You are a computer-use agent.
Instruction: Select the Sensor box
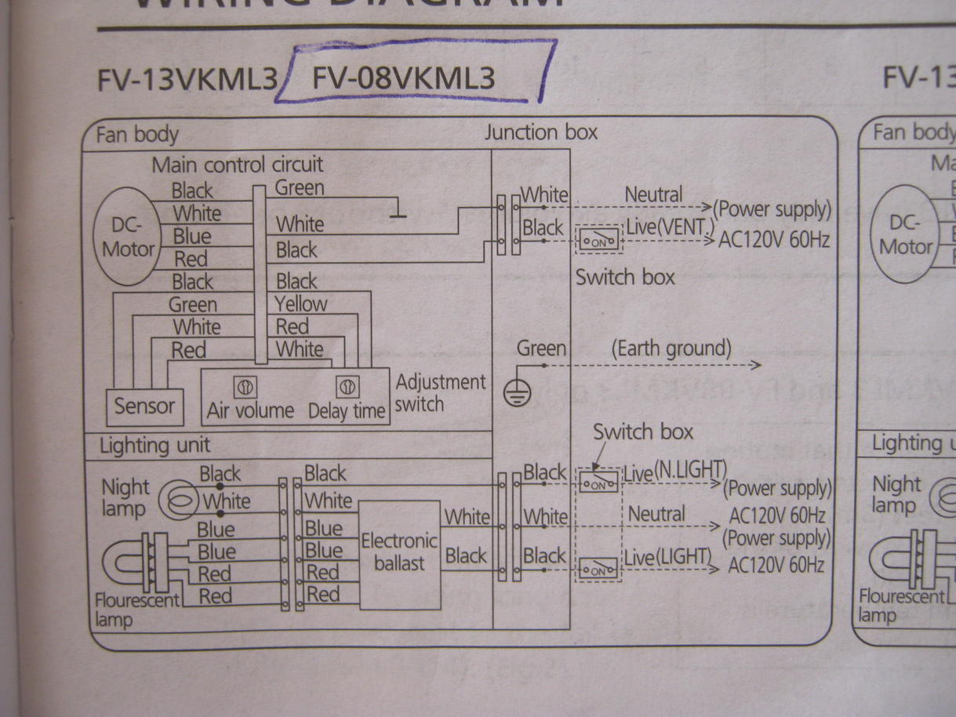click(x=145, y=406)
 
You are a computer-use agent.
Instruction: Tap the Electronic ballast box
click(x=399, y=552)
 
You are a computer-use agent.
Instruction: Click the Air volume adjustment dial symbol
click(x=244, y=388)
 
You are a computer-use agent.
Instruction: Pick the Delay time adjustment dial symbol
click(x=346, y=388)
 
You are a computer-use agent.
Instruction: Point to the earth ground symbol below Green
click(x=513, y=391)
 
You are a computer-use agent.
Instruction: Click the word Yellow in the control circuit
click(x=301, y=304)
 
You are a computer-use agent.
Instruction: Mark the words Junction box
click(x=541, y=132)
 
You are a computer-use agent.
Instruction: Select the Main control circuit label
click(x=237, y=165)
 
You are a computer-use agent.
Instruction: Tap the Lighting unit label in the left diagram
click(x=154, y=446)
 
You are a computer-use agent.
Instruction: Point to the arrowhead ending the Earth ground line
click(x=756, y=365)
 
